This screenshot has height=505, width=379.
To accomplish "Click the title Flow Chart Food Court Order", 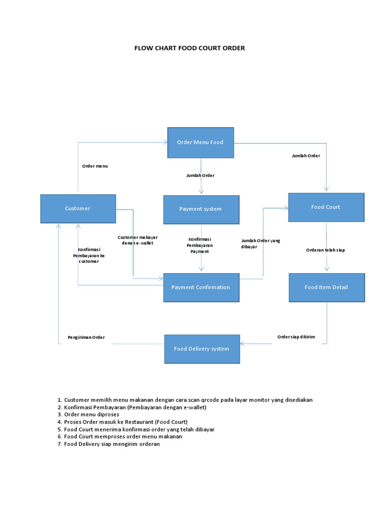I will [x=189, y=48].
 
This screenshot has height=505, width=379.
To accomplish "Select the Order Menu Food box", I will [x=200, y=143].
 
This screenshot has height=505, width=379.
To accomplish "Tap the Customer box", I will [x=78, y=209].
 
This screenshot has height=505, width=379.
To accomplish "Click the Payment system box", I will [x=201, y=209].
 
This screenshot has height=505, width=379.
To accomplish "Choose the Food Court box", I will [x=326, y=207].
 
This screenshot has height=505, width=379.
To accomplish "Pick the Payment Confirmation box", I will [x=201, y=288].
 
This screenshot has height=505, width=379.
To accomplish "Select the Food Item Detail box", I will [x=326, y=287].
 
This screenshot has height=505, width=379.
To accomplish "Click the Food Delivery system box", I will [x=202, y=349].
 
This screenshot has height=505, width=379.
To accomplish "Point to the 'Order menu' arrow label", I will [x=95, y=166].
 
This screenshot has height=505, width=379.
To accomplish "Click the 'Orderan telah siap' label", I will [x=325, y=250].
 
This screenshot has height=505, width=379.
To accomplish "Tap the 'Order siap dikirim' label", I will [x=296, y=337].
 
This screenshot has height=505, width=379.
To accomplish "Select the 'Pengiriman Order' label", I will [x=86, y=337].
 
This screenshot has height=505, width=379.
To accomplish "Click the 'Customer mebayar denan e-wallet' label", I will [x=138, y=240].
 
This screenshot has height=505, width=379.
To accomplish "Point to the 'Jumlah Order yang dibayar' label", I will [x=261, y=243].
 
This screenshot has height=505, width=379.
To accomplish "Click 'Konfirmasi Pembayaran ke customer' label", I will [x=89, y=255].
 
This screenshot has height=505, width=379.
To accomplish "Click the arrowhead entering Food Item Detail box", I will [x=326, y=269].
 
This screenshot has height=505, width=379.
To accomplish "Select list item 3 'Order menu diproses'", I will [x=91, y=414].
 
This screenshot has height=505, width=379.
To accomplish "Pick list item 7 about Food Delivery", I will [x=112, y=444].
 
